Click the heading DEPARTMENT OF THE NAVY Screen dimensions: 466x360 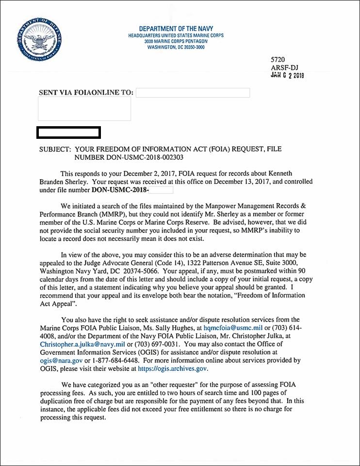click(176, 29)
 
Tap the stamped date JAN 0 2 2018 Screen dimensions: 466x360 click(287, 75)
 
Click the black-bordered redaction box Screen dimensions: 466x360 click(69, 132)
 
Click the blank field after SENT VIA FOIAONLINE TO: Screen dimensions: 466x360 click(193, 93)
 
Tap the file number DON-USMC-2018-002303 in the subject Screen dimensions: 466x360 click(129, 157)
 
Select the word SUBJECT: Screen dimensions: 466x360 click(55, 149)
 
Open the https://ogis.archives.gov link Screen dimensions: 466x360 click(173, 369)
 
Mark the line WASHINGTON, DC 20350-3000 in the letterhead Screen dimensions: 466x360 click(176, 47)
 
